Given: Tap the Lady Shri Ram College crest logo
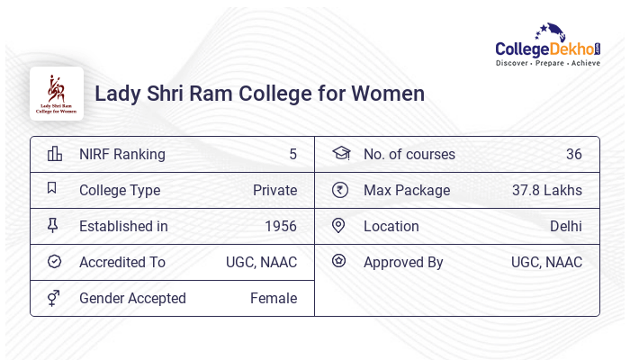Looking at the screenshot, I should coord(57,93).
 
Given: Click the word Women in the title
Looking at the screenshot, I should coord(387,94).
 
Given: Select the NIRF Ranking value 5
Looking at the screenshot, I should coord(292,154).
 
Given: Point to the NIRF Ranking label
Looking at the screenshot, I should coord(122,154).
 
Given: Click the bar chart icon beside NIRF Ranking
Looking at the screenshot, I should coord(55,153).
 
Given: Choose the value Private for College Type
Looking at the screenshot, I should coord(274,190).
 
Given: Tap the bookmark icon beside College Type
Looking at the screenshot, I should coord(52,189).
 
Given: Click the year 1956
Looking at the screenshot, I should coord(281,226).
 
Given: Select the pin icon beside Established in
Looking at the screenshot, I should coord(53,226).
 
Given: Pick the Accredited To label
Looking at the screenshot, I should coord(122,262).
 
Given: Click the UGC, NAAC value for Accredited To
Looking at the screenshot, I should coord(261,262).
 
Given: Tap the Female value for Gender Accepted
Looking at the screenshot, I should coord(274,298).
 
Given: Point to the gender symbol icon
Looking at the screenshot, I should coord(54,298).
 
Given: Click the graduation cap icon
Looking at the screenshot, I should coord(340,153).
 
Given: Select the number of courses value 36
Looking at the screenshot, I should coord(573,154).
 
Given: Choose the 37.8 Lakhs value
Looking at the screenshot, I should coord(547,190).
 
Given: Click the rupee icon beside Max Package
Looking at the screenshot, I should coord(339,190).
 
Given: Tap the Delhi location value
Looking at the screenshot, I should coord(566,226).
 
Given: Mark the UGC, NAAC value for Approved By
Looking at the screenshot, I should coord(546,262).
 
